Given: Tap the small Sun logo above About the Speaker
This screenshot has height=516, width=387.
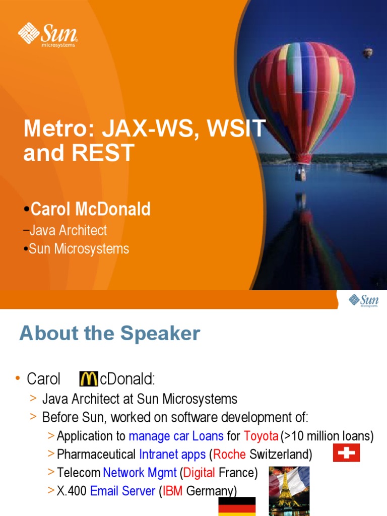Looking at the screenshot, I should (x=363, y=301).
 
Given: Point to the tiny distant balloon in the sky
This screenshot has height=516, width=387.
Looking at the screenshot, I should (x=368, y=52).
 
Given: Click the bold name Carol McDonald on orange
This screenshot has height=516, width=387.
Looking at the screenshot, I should (x=90, y=209).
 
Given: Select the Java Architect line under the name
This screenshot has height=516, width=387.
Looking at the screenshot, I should (x=68, y=231).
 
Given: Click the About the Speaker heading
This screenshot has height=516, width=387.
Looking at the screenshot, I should (x=110, y=334).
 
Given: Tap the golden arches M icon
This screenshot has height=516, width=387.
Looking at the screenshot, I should (x=89, y=379).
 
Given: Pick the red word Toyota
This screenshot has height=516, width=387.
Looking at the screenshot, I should (x=261, y=435).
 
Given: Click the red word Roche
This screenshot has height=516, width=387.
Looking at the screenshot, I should (x=230, y=455).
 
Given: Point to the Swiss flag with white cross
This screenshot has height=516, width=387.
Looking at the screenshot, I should (x=346, y=453).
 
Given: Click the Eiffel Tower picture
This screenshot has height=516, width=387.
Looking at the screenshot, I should (x=289, y=489).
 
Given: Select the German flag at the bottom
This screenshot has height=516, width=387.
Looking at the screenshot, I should (x=237, y=506).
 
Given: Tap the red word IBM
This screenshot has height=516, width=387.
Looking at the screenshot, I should (x=173, y=491).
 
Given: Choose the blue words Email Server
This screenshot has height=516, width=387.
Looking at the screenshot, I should (x=122, y=491).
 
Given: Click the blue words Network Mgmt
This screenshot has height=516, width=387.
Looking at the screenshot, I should (x=140, y=473).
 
